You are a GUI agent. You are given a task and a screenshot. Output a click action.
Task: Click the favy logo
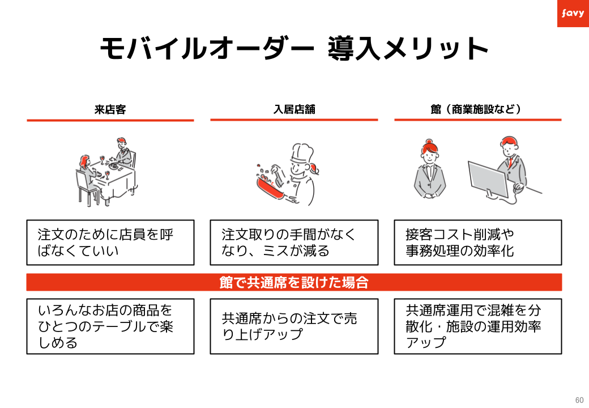(573, 13)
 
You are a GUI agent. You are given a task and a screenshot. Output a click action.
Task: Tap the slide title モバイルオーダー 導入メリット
(294, 49)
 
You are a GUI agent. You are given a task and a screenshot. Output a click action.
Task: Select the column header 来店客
(110, 109)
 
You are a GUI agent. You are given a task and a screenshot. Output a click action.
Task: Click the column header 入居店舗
(294, 109)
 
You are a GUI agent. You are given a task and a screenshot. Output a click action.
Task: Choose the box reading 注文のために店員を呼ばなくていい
(110, 243)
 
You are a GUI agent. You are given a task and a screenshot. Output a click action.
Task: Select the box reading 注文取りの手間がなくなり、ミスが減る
(294, 243)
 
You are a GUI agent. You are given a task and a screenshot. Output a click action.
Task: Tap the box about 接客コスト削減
(477, 243)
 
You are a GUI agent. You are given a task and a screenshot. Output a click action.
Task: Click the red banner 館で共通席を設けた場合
(294, 282)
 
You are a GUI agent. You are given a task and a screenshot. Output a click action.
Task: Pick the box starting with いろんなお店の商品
(110, 326)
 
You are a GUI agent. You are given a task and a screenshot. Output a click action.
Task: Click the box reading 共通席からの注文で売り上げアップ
(294, 326)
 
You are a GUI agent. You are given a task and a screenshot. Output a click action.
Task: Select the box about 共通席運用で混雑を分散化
(477, 326)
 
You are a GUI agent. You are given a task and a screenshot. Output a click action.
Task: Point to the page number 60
(579, 398)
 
